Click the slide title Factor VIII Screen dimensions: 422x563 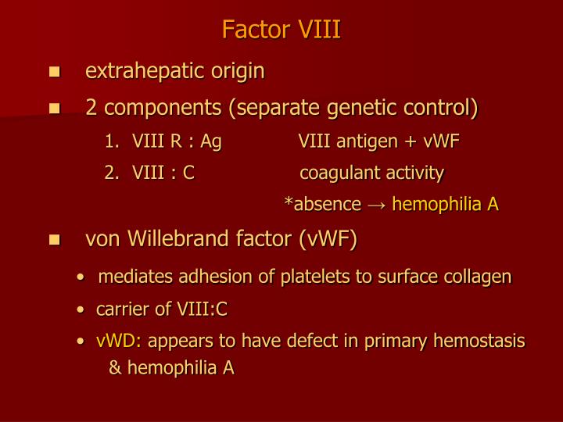(x=281, y=30)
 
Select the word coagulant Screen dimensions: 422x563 (x=337, y=173)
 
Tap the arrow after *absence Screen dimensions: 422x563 (x=377, y=205)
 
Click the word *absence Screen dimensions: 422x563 (x=323, y=205)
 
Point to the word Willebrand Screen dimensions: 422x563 (x=177, y=240)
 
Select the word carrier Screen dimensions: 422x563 (x=121, y=309)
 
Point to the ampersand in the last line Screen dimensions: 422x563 (x=115, y=368)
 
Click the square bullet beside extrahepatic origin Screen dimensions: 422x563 (x=54, y=73)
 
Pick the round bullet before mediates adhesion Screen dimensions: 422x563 (x=81, y=277)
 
